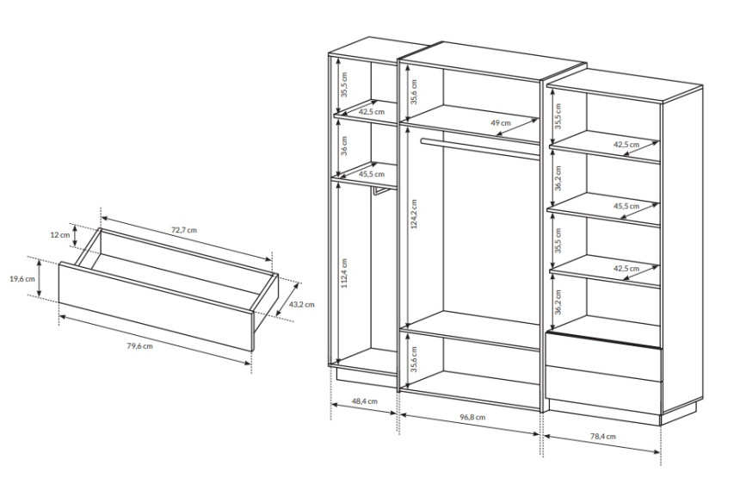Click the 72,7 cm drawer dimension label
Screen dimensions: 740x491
point(183,230)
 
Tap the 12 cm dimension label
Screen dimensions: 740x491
point(59,235)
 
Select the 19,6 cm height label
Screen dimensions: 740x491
point(22,278)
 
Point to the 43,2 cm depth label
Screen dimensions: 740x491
point(301,304)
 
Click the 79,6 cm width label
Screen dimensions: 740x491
point(139,346)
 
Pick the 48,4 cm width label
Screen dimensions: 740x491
point(365,401)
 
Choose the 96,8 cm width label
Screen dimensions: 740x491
point(472,417)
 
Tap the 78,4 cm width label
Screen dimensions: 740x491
point(602,437)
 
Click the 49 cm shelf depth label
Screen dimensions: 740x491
point(501,123)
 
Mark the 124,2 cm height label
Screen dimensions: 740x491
point(414,214)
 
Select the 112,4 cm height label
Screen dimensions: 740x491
point(344,273)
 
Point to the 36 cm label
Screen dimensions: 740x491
point(344,146)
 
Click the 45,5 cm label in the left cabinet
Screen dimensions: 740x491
point(372,174)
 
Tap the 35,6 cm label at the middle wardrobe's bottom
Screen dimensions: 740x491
point(414,359)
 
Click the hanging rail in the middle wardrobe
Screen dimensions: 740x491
point(480,149)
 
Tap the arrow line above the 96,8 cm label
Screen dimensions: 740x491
point(470,424)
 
